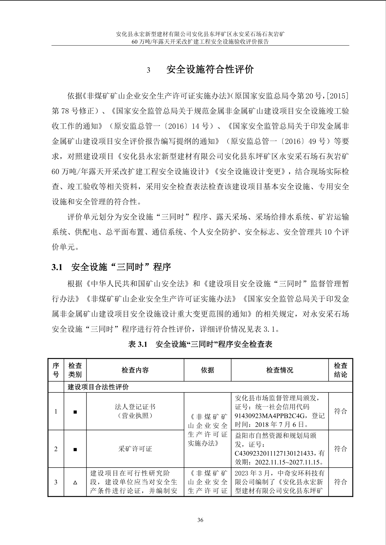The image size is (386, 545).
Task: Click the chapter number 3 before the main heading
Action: pos(148,70)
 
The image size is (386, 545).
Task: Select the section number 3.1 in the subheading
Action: pos(57,267)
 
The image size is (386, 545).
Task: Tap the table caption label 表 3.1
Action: pos(138,344)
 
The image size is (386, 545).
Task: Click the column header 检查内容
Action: pos(135,370)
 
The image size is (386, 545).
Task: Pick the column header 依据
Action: pos(207,370)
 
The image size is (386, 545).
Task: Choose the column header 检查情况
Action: pos(279,370)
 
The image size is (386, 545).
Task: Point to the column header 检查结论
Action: pos(340,370)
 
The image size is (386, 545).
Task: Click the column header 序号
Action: pos(56,370)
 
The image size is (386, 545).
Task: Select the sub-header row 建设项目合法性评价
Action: pos(98,387)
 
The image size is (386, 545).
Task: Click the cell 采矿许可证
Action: pos(135,449)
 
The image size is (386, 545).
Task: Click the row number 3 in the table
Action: pos(56,482)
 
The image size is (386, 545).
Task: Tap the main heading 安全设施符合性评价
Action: pos(210,70)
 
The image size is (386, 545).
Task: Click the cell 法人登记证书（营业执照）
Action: pos(135,411)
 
